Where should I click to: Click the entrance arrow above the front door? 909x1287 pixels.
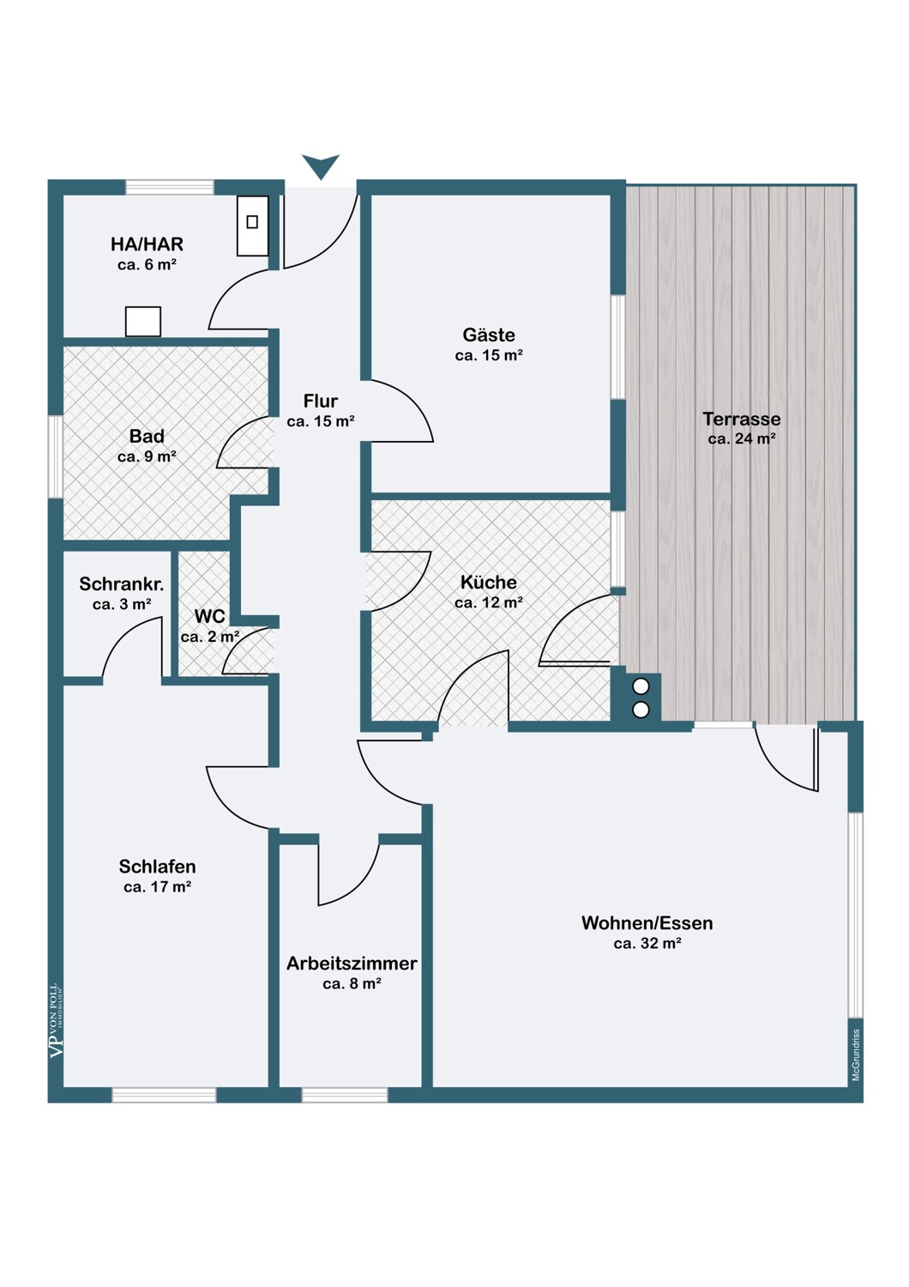[x=321, y=166]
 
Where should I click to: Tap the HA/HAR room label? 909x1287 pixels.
[x=147, y=245]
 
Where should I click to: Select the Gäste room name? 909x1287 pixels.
[x=489, y=335]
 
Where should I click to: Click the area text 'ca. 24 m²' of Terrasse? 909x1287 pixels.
[x=742, y=439]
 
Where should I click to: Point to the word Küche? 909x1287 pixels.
[x=489, y=582]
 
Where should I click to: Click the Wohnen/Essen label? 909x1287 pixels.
[x=647, y=922]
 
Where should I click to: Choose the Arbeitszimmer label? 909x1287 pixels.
[x=352, y=963]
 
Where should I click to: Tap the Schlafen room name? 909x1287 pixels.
[x=157, y=866]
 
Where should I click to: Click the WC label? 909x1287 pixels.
[x=209, y=617]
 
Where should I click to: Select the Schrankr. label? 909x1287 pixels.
[x=122, y=583]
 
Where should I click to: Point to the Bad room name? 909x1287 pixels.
[x=147, y=436]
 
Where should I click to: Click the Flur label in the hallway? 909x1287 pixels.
[x=321, y=401]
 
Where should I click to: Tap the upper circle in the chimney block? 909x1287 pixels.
[x=641, y=686]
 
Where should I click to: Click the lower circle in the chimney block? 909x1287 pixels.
[x=641, y=710]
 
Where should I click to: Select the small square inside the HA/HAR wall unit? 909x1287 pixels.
[x=252, y=221]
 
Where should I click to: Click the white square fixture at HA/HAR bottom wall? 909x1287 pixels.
[x=143, y=321]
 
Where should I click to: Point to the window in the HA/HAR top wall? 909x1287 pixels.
[x=170, y=187]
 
